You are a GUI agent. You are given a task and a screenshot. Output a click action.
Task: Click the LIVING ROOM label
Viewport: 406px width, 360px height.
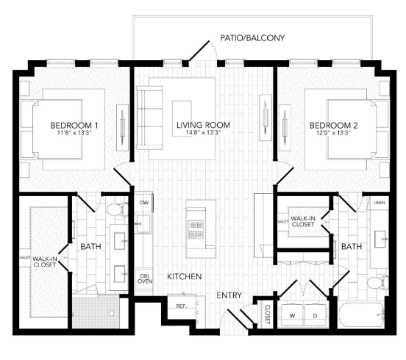(x=202, y=126)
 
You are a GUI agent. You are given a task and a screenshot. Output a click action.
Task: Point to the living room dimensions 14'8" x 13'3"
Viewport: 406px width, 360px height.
(x=202, y=134)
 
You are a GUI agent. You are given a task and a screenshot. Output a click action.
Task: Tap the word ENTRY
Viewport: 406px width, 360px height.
(x=229, y=295)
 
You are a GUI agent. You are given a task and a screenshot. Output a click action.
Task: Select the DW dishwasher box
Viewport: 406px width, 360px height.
(x=144, y=203)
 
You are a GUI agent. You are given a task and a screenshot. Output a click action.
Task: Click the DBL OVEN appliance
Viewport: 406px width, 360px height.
(x=145, y=278)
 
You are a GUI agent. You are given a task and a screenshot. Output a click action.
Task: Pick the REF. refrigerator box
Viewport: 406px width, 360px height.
(x=180, y=306)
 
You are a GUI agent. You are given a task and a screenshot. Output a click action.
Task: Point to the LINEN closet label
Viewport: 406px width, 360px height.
(x=378, y=203)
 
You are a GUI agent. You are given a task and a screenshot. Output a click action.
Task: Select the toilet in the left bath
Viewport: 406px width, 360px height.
(x=115, y=211)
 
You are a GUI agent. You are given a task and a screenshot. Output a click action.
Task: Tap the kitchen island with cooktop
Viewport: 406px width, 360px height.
(x=196, y=228)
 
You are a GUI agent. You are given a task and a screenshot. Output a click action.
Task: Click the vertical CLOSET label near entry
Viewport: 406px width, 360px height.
(x=267, y=314)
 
